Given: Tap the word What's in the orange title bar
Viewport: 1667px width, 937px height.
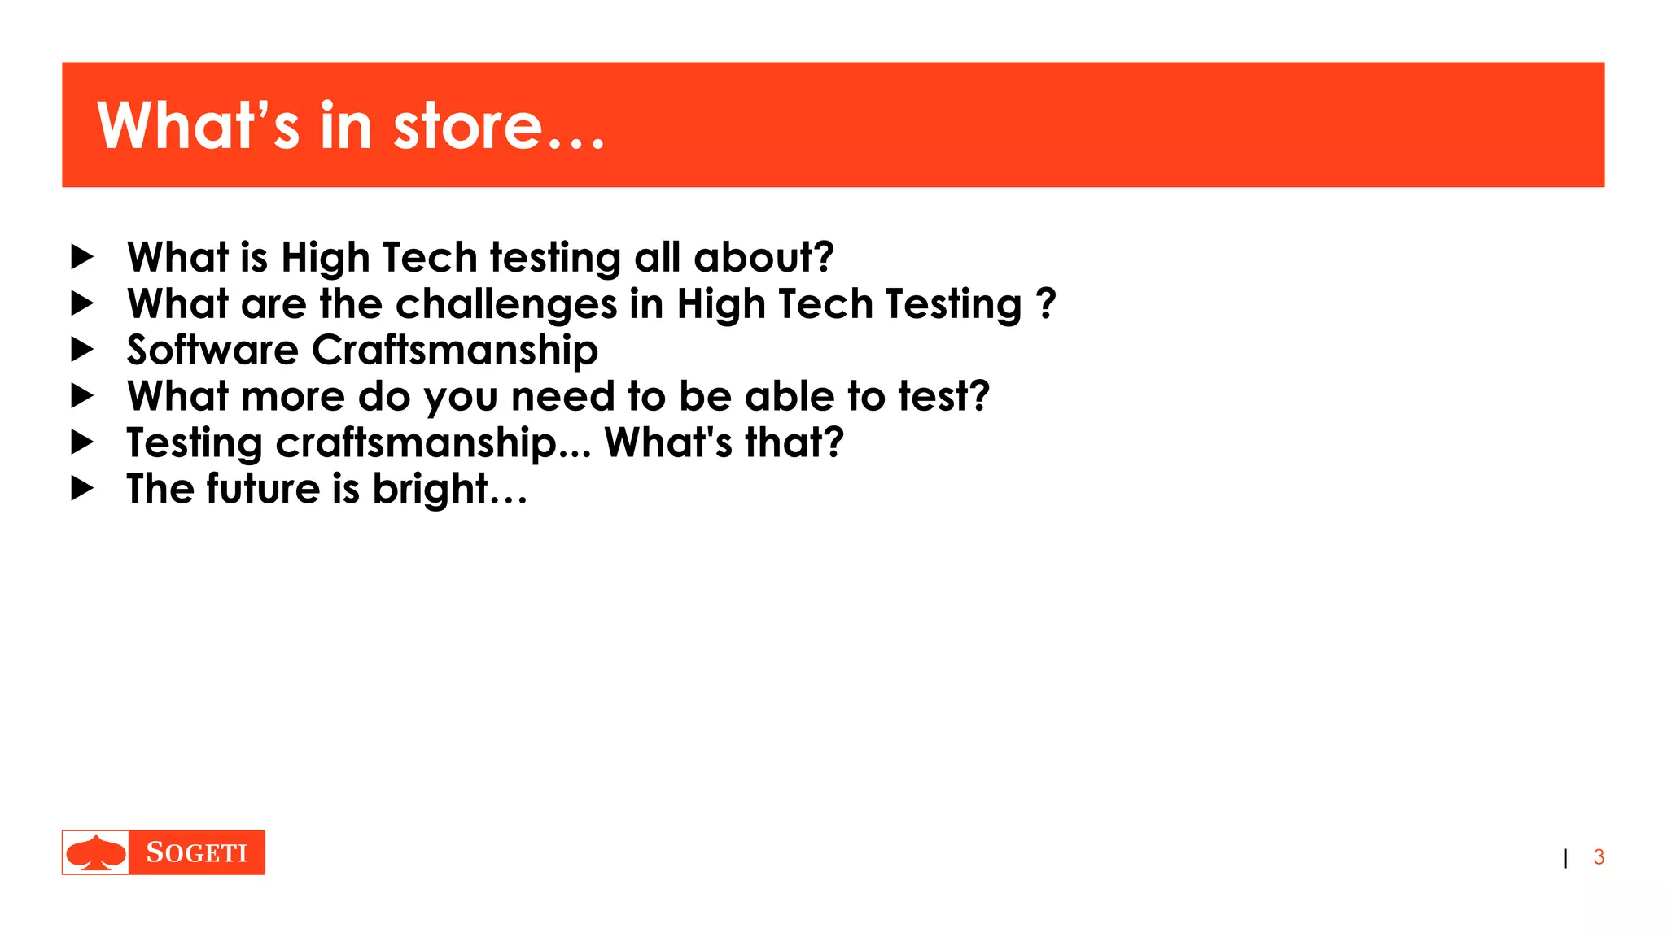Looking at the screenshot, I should pyautogui.click(x=199, y=127).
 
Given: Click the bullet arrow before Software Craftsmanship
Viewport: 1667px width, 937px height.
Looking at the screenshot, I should pyautogui.click(x=82, y=350).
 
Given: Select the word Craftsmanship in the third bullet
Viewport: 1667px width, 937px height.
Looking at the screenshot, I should pyautogui.click(x=455, y=351).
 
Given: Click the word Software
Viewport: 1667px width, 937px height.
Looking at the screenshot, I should pyautogui.click(x=212, y=351).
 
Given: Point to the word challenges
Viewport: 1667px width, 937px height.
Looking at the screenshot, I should pyautogui.click(x=506, y=305).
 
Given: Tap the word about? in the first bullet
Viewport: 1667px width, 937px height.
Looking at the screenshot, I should pyautogui.click(x=763, y=258).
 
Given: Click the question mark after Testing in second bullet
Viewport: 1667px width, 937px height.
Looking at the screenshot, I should pyautogui.click(x=1046, y=303).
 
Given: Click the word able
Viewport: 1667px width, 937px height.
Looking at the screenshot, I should pyautogui.click(x=789, y=397).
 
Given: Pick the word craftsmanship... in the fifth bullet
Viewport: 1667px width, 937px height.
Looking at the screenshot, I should pyautogui.click(x=433, y=444).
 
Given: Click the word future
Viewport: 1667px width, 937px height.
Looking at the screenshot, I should pyautogui.click(x=263, y=489).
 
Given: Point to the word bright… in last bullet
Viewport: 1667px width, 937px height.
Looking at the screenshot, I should pyautogui.click(x=449, y=490).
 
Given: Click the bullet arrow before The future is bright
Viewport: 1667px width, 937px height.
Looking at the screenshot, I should pyautogui.click(x=82, y=489).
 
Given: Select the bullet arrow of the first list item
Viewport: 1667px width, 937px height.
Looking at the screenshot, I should pyautogui.click(x=82, y=257).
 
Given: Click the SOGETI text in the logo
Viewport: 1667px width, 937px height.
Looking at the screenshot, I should pyautogui.click(x=196, y=852).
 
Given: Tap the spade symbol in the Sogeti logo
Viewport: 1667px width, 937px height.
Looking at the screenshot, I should pyautogui.click(x=96, y=852).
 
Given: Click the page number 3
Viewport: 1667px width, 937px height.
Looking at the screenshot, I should pyautogui.click(x=1599, y=857).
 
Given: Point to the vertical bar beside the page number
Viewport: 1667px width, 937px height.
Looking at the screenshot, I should pyautogui.click(x=1565, y=858).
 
